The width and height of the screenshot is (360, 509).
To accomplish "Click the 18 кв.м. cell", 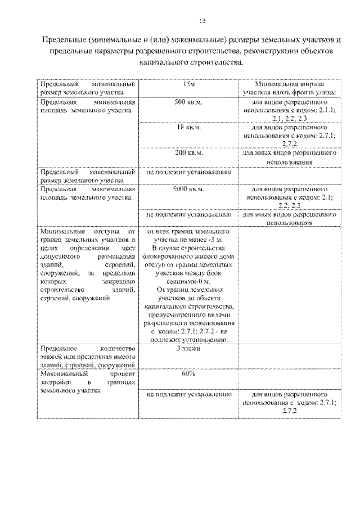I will tap(189, 128).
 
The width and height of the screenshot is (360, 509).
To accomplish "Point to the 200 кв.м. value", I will tap(189, 152).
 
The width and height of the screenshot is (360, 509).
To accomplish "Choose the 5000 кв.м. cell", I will tap(189, 190).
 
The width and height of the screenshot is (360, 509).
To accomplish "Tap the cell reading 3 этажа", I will tap(189, 349).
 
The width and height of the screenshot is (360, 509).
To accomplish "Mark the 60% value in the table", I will tap(189, 373).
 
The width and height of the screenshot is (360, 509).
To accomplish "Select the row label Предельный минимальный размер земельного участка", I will tap(87, 87).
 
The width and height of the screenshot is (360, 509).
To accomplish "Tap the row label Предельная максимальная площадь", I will tap(87, 193).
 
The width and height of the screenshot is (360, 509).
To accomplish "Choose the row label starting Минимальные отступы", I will tap(87, 264).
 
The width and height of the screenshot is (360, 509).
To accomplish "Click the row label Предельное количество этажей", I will tap(87, 357).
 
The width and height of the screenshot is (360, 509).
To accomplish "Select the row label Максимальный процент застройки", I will tap(87, 381).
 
